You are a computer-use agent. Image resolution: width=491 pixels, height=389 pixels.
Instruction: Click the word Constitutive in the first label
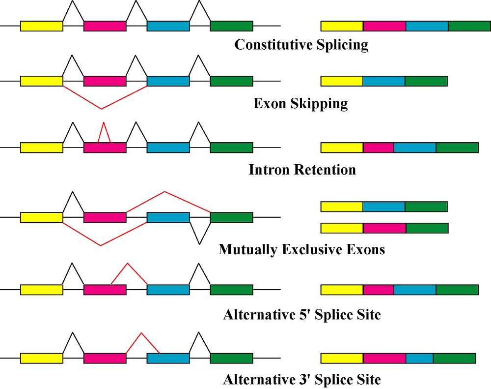pyautogui.click(x=273, y=45)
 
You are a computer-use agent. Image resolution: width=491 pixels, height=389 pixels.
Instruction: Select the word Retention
pyautogui.click(x=325, y=170)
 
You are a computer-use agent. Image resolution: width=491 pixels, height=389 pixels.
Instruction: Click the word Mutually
pyautogui.click(x=248, y=250)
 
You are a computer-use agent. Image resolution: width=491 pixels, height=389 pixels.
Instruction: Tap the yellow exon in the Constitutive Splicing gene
pyautogui.click(x=42, y=26)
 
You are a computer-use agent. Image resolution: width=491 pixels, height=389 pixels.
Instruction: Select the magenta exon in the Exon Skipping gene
pyautogui.click(x=105, y=81)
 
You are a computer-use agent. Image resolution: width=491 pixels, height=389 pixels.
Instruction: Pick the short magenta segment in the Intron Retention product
pyautogui.click(x=378, y=148)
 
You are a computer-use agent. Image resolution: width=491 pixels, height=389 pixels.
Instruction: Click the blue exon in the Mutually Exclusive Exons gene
pyautogui.click(x=168, y=217)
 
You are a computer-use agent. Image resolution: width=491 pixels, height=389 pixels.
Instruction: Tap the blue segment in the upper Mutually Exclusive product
pyautogui.click(x=384, y=207)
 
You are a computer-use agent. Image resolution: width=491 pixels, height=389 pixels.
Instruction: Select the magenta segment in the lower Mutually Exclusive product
pyautogui.click(x=384, y=228)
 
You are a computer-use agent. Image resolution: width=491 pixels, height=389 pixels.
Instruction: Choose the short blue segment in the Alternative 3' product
pyautogui.click(x=420, y=358)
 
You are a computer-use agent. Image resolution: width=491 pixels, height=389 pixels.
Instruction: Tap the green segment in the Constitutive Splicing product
pyautogui.click(x=469, y=26)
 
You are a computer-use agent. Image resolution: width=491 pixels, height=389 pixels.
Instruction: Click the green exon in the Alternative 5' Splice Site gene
pyautogui.click(x=231, y=290)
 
